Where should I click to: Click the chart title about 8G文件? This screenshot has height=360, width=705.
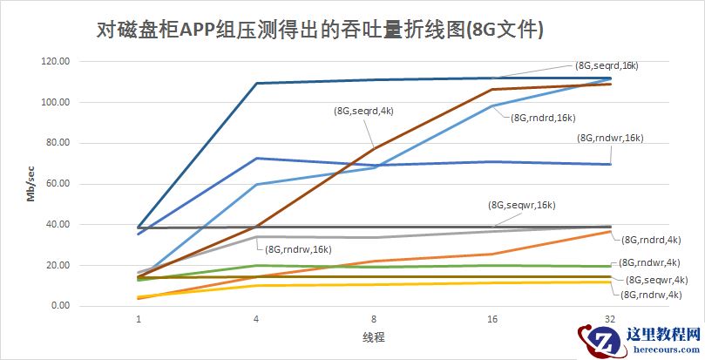319,31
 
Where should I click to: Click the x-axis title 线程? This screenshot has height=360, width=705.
374,336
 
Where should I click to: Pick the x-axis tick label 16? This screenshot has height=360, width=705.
492,320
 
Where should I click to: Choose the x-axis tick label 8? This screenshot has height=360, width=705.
374,320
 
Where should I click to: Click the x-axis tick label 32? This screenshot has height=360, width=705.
610,320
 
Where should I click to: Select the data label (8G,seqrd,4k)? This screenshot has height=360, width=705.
363,111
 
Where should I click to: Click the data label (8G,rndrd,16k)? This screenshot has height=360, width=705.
543,118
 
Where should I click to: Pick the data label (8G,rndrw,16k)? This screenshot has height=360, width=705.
297,250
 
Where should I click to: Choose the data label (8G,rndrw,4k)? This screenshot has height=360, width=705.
653,295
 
